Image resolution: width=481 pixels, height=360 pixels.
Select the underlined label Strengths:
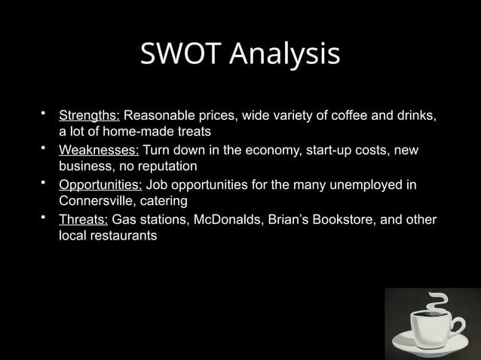pyautogui.click(x=89, y=117)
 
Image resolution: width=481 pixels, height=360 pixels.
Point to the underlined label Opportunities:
pyautogui.click(x=100, y=185)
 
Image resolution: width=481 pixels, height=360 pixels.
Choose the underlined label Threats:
pyautogui.click(x=83, y=219)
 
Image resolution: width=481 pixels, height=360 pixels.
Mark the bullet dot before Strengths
pyautogui.click(x=44, y=115)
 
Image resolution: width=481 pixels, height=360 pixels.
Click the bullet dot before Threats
pyautogui.click(x=44, y=218)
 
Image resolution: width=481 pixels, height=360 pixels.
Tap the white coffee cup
pyautogui.click(x=427, y=332)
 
